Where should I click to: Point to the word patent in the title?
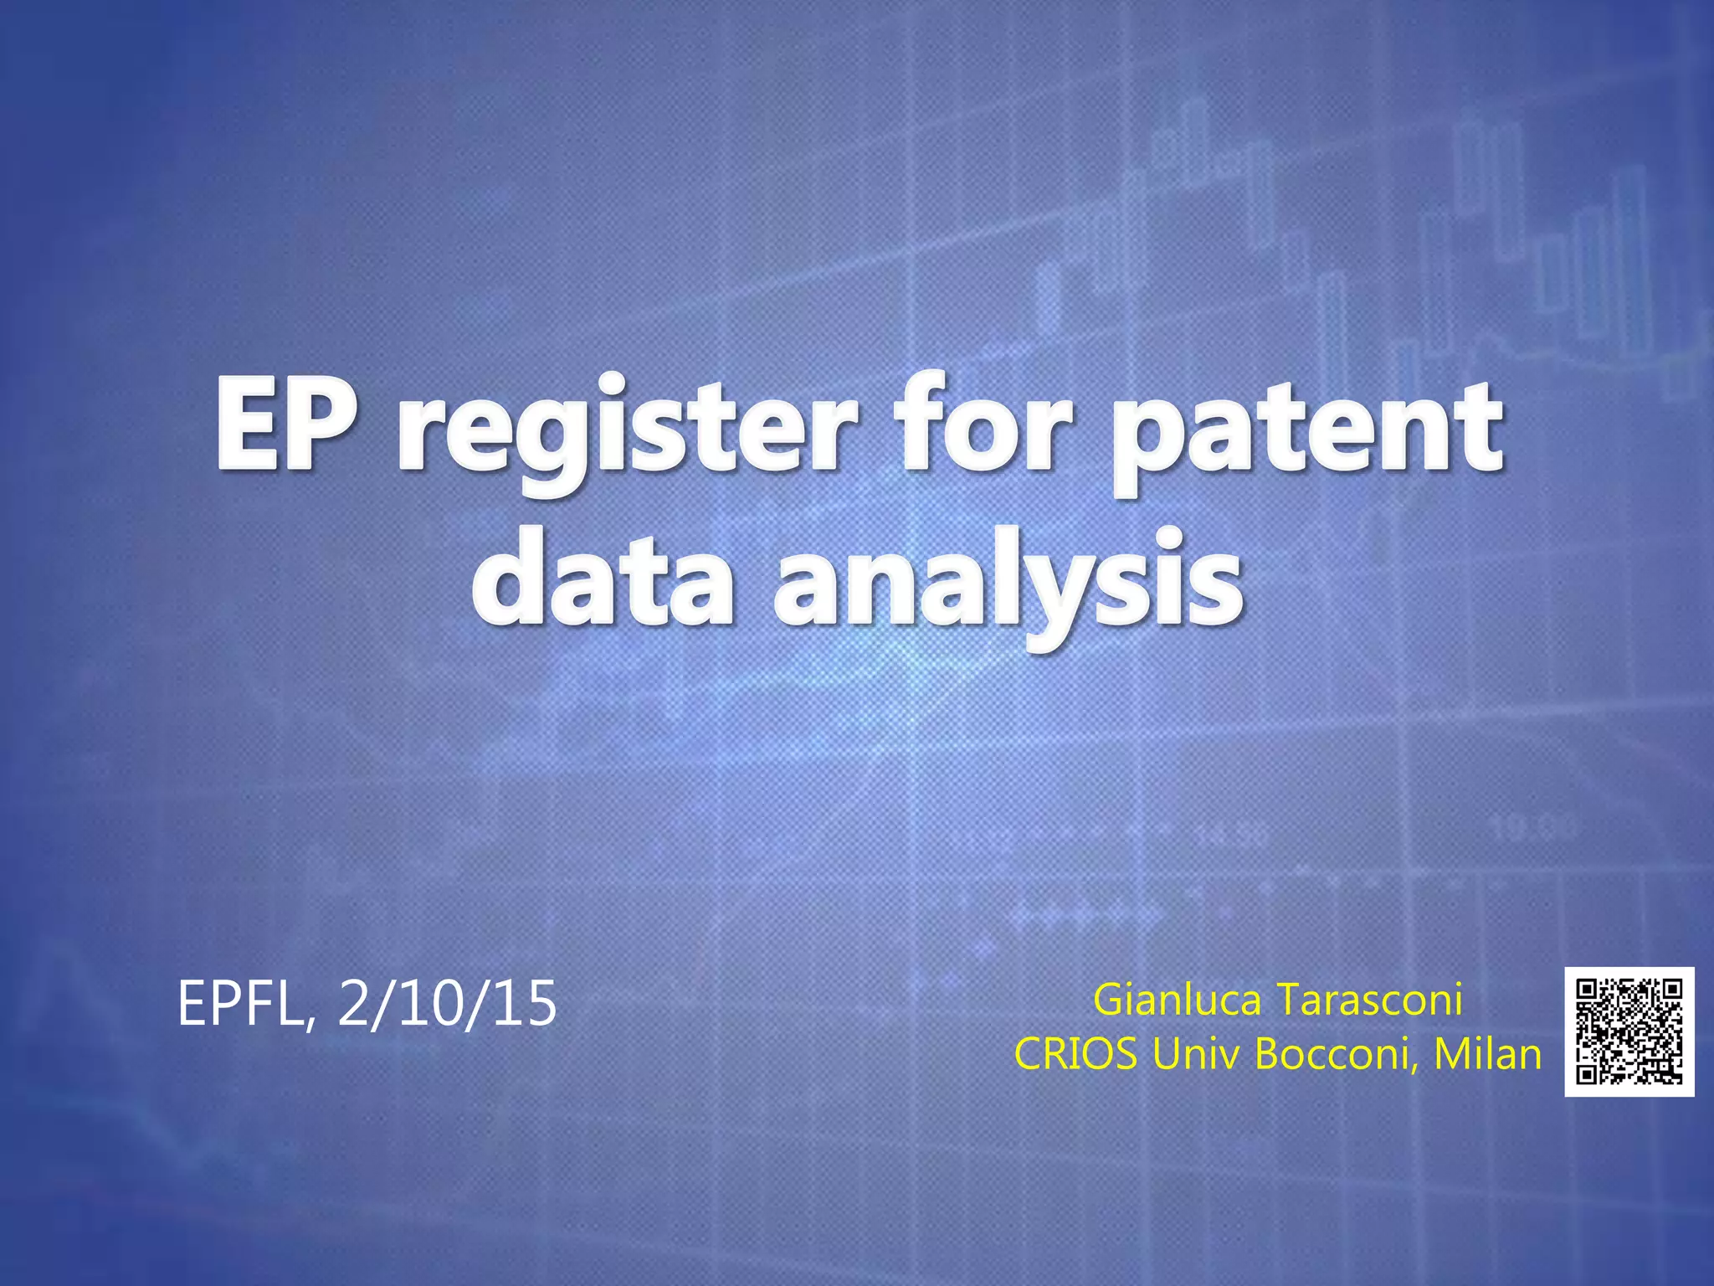(x=1306, y=431)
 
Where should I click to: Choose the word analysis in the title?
(x=1008, y=586)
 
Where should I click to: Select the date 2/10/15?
(x=447, y=1005)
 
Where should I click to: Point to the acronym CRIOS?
(x=1075, y=1054)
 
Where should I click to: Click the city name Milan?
(x=1487, y=1054)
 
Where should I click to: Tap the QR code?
(x=1629, y=1031)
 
